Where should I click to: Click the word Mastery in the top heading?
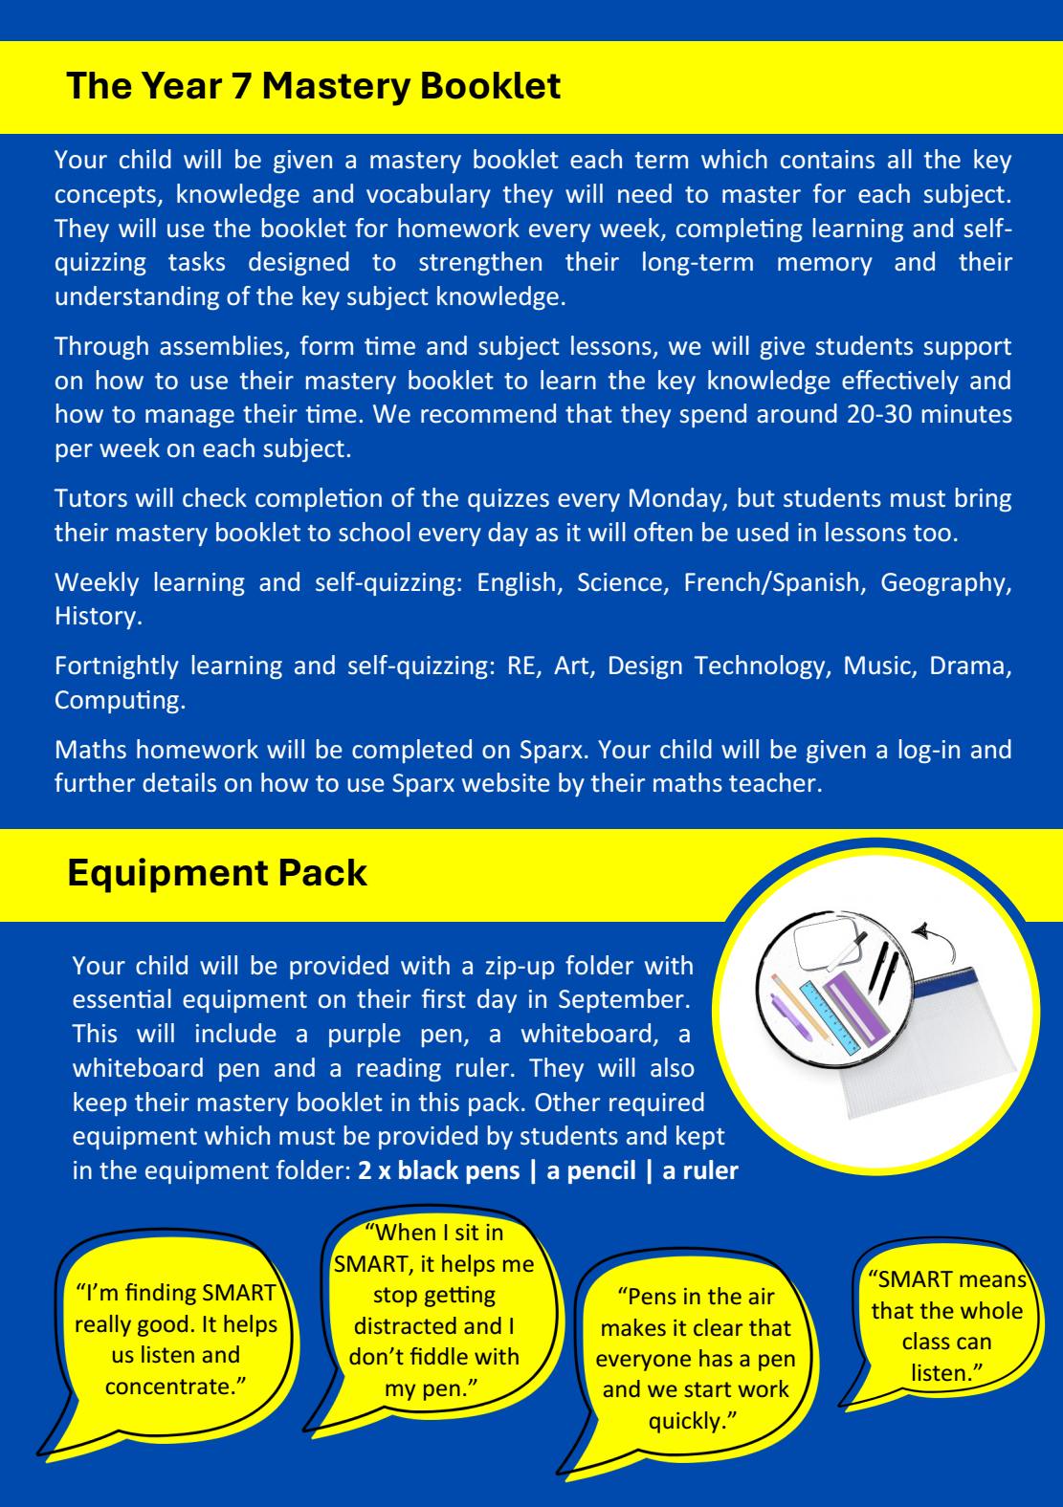[x=335, y=87]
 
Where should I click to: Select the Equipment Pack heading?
[x=217, y=873]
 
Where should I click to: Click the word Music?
[x=877, y=666]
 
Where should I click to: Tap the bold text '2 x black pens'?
[x=439, y=1170]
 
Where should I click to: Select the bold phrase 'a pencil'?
[x=591, y=1170]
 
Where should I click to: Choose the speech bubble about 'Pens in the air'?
[x=696, y=1358]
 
